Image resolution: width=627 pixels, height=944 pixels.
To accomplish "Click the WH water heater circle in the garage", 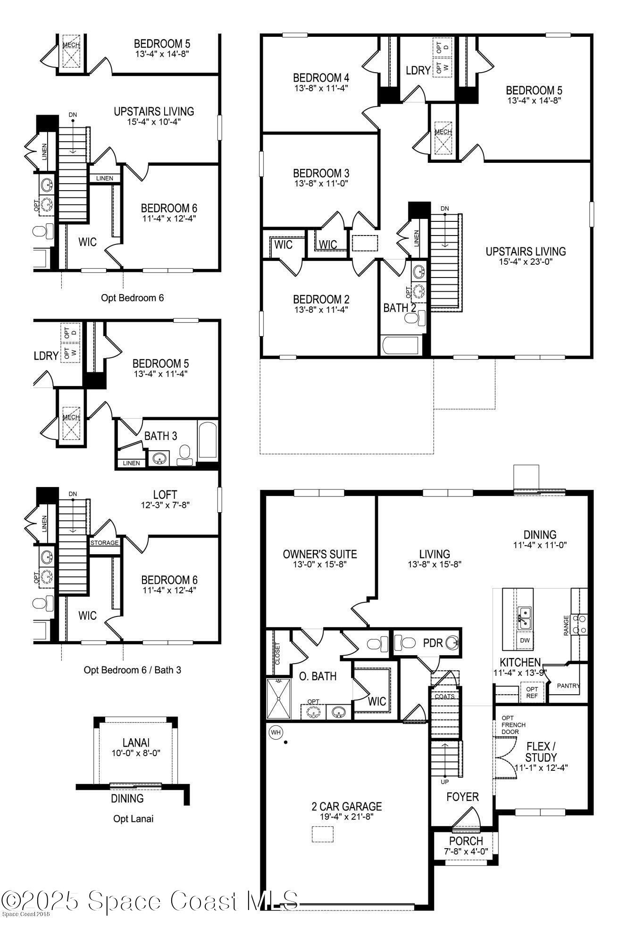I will [276, 733].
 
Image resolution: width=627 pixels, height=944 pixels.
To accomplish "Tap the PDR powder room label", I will [432, 643].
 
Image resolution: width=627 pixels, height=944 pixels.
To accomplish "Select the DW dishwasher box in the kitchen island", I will [525, 641].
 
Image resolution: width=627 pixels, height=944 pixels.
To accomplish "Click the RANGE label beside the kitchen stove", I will [566, 625].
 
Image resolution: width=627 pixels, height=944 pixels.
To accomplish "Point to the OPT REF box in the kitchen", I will [532, 692].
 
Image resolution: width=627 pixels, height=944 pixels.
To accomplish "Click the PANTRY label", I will [568, 686].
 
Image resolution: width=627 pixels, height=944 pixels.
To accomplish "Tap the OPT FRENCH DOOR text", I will [513, 725].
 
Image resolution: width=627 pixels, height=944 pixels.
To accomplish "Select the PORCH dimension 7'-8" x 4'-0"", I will [466, 851].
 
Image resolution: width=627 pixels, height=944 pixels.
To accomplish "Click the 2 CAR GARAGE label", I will [346, 806].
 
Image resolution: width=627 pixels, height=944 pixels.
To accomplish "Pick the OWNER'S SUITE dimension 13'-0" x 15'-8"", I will [320, 564].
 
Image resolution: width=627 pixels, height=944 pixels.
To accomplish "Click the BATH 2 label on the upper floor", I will [400, 308].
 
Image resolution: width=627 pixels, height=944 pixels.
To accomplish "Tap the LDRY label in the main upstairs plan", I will [418, 70].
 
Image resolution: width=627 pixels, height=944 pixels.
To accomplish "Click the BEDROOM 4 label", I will [321, 77].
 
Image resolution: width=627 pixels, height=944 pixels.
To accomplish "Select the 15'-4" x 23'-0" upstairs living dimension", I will [526, 261].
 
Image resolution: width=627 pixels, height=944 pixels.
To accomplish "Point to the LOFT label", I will [165, 495].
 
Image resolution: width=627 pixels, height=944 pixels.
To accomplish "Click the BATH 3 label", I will [160, 436].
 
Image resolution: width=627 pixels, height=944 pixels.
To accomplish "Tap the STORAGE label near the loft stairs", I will [104, 543].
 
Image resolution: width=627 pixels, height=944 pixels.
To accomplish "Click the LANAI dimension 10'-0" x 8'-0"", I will [135, 753].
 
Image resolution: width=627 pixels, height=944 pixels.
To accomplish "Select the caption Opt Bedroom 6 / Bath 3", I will [132, 670].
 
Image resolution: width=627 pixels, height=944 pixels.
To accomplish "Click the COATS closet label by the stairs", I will [444, 696].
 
